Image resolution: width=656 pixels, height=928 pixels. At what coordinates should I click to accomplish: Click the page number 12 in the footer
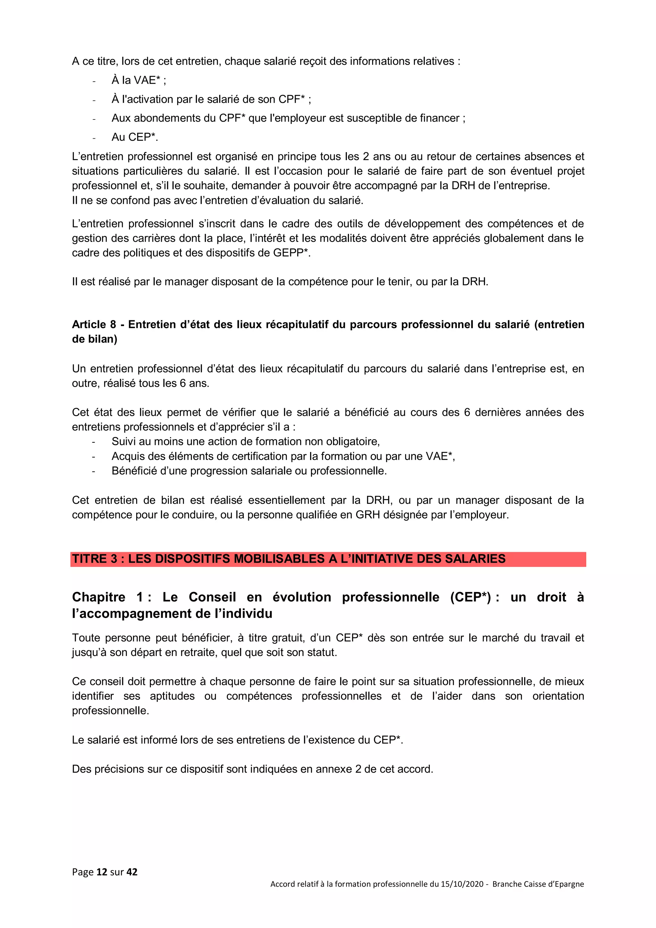pyautogui.click(x=102, y=872)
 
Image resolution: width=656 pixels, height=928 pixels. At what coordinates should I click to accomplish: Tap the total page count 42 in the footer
pyautogui.click(x=132, y=872)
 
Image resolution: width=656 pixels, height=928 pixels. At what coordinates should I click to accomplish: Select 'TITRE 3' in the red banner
pyautogui.click(x=94, y=559)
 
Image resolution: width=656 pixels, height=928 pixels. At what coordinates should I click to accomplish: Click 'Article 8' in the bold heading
pyautogui.click(x=94, y=324)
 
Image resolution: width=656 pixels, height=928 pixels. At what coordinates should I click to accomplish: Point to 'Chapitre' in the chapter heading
pyautogui.click(x=99, y=597)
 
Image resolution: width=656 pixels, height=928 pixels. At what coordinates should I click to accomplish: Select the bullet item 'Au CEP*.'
pyautogui.click(x=135, y=137)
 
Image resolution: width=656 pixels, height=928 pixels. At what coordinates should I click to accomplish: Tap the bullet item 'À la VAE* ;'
pyautogui.click(x=139, y=80)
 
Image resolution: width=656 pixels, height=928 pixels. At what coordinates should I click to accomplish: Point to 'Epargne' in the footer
pyautogui.click(x=568, y=884)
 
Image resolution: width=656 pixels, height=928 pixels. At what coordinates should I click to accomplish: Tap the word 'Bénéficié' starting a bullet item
pyautogui.click(x=134, y=471)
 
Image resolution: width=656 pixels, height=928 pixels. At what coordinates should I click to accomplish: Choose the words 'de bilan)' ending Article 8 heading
pyautogui.click(x=94, y=339)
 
